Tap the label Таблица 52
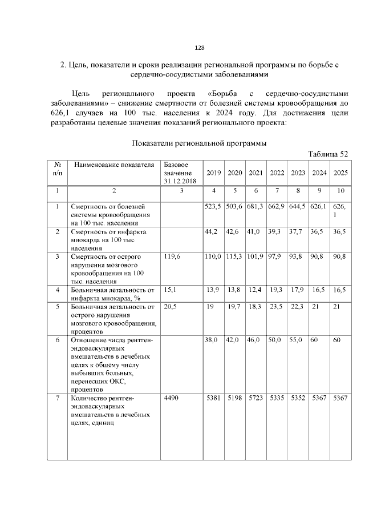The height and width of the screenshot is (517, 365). coord(327,154)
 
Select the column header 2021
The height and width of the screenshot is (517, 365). coord(256,173)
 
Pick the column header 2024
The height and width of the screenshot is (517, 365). coord(319,173)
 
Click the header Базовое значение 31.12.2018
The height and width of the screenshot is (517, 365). coord(178,173)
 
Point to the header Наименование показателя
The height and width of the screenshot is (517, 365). coord(114,165)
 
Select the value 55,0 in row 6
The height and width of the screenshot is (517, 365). coord(298,339)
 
